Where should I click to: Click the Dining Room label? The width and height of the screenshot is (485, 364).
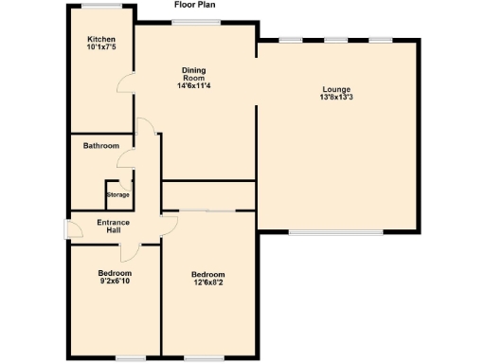point(193,73)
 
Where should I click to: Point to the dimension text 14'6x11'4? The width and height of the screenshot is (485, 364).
point(193,86)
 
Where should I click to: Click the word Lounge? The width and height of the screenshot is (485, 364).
point(335,88)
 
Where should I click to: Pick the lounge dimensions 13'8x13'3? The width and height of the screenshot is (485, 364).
point(335,97)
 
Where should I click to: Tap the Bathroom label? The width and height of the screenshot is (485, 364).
point(100,146)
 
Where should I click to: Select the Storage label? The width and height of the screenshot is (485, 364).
point(117,194)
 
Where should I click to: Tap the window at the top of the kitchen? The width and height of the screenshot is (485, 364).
point(99,6)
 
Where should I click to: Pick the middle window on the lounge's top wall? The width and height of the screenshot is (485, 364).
point(335,40)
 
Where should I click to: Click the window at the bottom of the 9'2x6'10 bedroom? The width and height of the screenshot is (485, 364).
point(130,358)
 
